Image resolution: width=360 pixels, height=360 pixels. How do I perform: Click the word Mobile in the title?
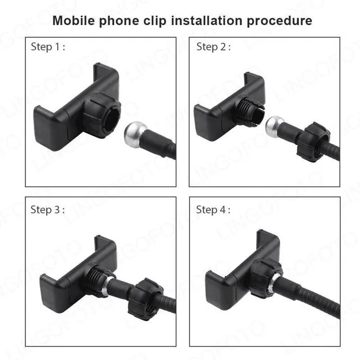[73, 21]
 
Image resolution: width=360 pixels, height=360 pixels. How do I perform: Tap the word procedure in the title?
[279, 21]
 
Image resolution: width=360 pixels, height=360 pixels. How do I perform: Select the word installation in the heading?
[207, 21]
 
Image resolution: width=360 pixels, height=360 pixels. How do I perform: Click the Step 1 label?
[48, 47]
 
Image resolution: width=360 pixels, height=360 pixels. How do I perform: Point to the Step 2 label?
[213, 47]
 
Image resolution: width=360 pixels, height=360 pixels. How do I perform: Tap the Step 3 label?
[48, 210]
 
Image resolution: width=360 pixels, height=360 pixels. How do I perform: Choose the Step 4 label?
[213, 210]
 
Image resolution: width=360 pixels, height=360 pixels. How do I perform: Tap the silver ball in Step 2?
[275, 127]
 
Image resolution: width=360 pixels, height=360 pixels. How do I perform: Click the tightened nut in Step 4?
[266, 277]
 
